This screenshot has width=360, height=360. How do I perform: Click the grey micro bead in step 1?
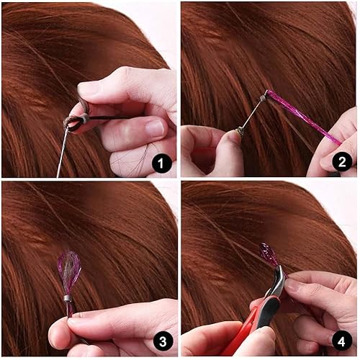85,119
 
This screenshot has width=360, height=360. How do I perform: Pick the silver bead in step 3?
67,298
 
